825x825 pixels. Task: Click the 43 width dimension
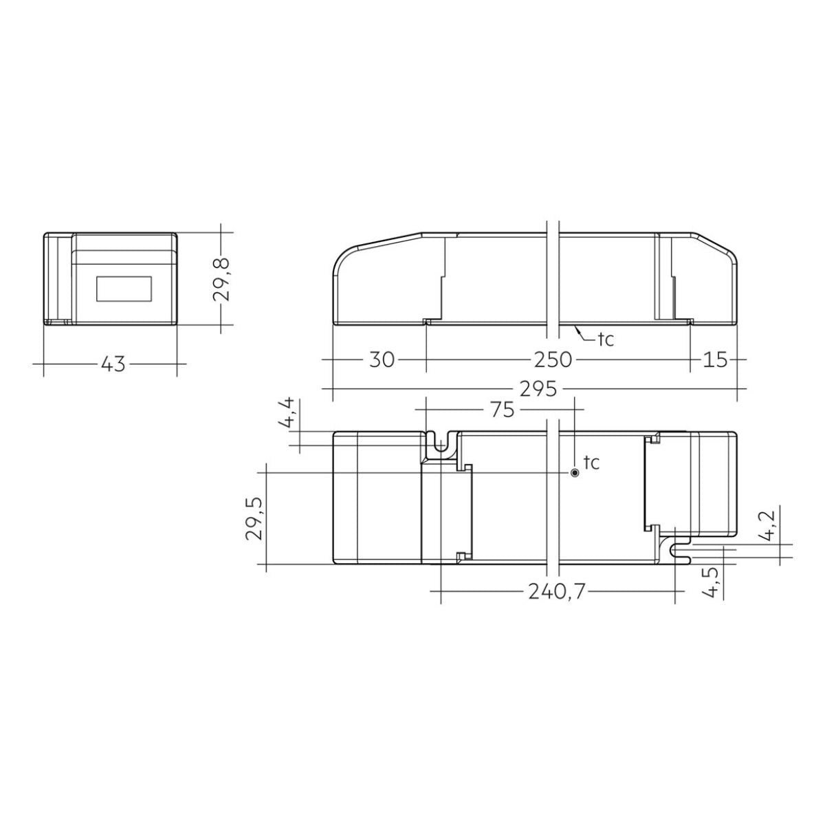click(x=113, y=364)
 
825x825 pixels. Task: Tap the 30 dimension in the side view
click(x=382, y=360)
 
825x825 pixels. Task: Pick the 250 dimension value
click(x=552, y=360)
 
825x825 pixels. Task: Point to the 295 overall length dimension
click(x=538, y=389)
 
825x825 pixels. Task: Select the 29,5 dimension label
click(x=255, y=519)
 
